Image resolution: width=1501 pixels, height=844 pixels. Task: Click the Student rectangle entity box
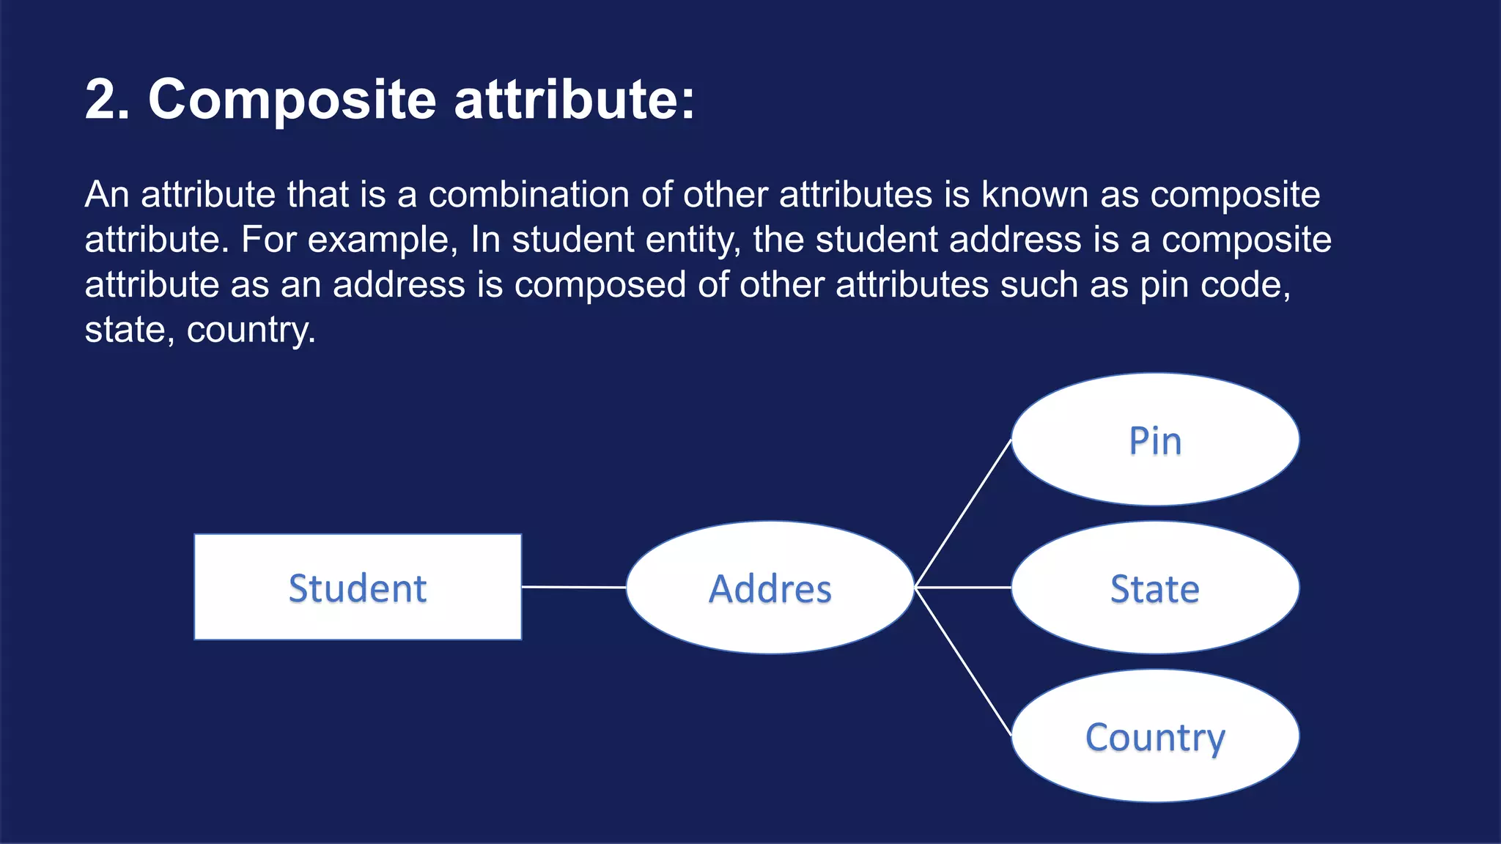[358, 587]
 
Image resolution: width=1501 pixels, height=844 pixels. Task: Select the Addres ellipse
[770, 588]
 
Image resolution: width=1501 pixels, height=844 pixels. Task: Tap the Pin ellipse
[1155, 440]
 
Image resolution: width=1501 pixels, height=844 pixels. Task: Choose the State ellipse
[1155, 588]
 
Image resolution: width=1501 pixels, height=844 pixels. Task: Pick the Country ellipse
[1155, 736]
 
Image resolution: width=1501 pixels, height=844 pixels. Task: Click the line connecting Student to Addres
[574, 587]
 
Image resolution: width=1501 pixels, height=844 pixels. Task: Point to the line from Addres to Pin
[963, 514]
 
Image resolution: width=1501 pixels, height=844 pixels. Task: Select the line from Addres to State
[963, 588]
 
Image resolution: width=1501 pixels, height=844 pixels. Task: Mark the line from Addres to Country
[963, 662]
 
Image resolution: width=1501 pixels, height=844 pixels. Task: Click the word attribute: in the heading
[574, 99]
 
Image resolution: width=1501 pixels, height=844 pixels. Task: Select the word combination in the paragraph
[528, 195]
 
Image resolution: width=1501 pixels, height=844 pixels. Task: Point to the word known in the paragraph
[1034, 195]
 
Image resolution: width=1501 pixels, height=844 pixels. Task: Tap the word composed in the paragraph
[600, 286]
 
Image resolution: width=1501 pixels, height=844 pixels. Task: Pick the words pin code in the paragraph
[1214, 286]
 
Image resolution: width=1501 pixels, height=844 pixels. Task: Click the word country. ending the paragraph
[251, 330]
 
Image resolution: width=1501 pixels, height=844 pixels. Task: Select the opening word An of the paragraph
[107, 195]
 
